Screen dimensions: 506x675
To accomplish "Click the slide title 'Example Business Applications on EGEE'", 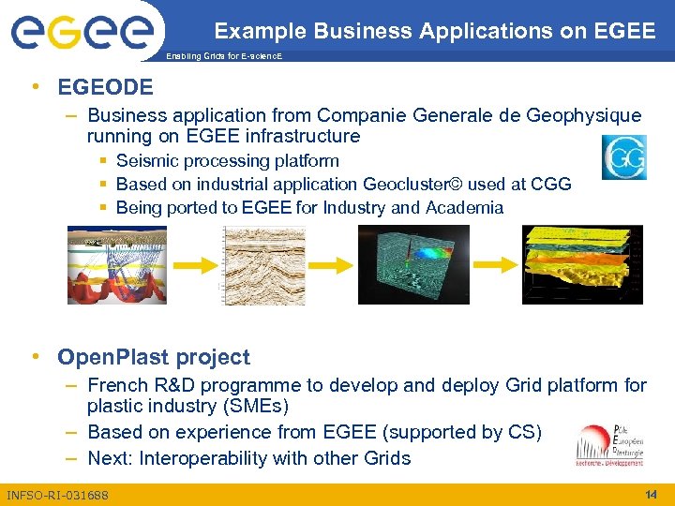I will [434, 31].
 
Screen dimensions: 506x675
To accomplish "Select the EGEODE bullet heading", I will [105, 88].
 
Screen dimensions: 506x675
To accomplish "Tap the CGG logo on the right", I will [623, 157].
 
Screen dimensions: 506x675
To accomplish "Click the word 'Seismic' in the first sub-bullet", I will [146, 161].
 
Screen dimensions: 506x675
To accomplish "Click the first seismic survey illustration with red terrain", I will [116, 265].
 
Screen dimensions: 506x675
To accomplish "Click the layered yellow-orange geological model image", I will [582, 265].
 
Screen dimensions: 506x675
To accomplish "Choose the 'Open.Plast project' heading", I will [154, 357].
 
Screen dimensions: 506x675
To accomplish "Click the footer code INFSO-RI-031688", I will [57, 495].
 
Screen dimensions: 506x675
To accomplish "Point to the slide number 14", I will [651, 494].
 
